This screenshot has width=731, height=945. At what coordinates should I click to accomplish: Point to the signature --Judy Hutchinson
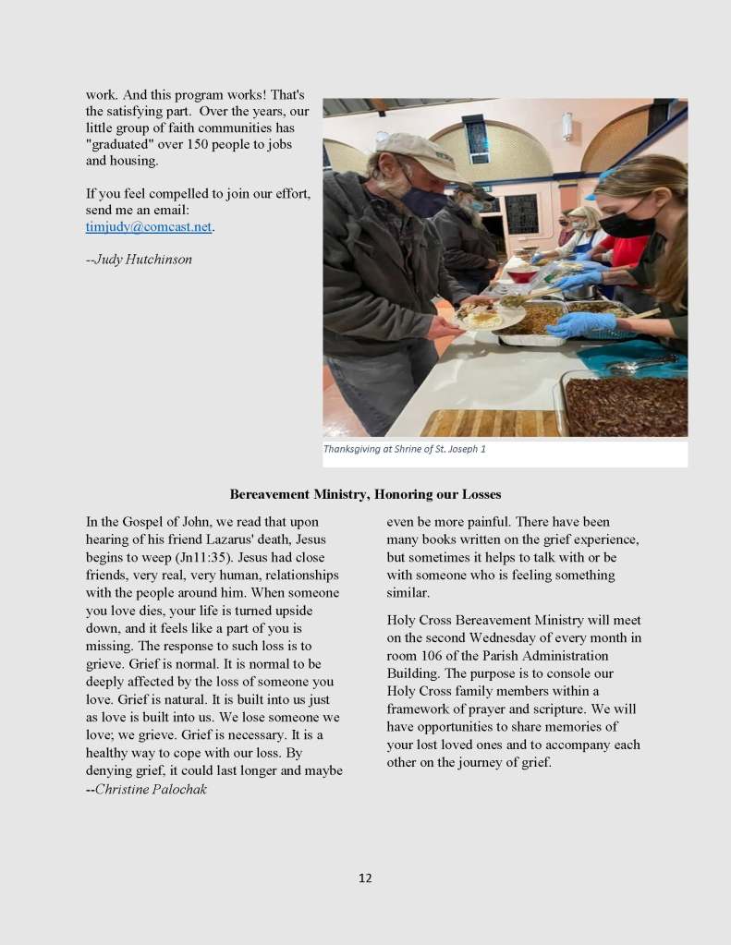pyautogui.click(x=139, y=260)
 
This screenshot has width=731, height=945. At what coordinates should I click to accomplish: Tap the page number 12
pyautogui.click(x=365, y=878)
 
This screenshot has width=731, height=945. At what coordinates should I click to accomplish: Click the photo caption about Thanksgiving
pyautogui.click(x=404, y=450)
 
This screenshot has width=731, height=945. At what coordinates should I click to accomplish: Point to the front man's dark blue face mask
pyautogui.click(x=422, y=201)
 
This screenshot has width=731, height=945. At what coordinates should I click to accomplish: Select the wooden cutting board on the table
pyautogui.click(x=490, y=423)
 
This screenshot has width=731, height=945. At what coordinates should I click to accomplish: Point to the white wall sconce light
pyautogui.click(x=567, y=126)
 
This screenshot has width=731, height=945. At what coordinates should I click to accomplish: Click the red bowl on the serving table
pyautogui.click(x=522, y=273)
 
